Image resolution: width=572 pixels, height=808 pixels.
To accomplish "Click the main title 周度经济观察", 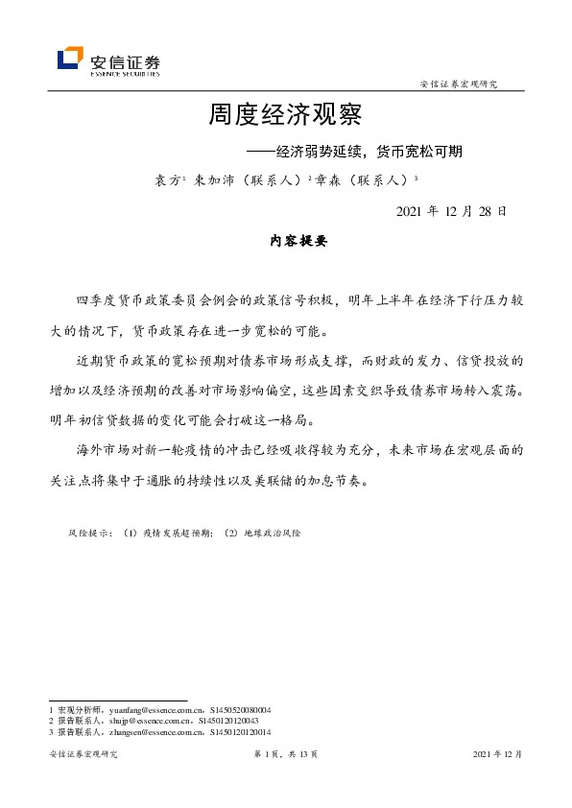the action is click(285, 116).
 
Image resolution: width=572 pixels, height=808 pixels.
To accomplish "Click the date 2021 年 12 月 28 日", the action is click(451, 210).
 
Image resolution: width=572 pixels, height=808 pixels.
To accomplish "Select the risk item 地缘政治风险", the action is click(273, 531).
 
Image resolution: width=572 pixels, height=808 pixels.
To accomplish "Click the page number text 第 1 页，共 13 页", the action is click(285, 754).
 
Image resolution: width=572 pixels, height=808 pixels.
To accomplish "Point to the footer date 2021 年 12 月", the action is click(498, 754).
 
